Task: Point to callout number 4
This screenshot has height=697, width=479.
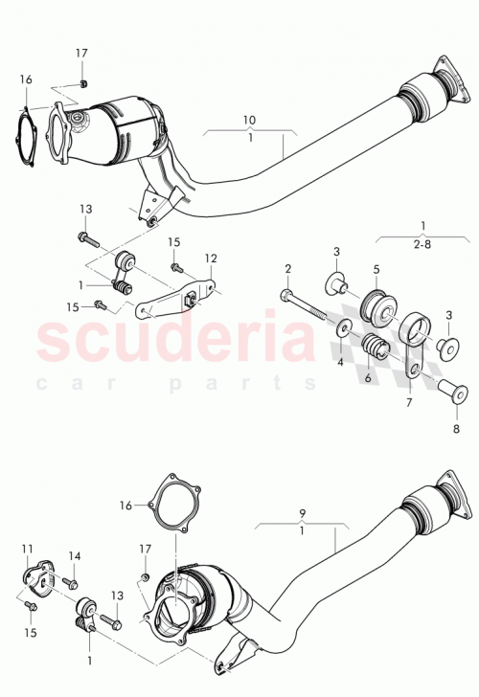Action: [339, 363]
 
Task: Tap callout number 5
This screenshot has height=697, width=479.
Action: [376, 270]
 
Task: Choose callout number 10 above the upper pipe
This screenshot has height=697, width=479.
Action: [249, 120]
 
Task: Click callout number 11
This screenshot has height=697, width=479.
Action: [28, 549]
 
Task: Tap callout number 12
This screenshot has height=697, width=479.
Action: [210, 258]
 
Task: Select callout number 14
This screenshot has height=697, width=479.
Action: [76, 556]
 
